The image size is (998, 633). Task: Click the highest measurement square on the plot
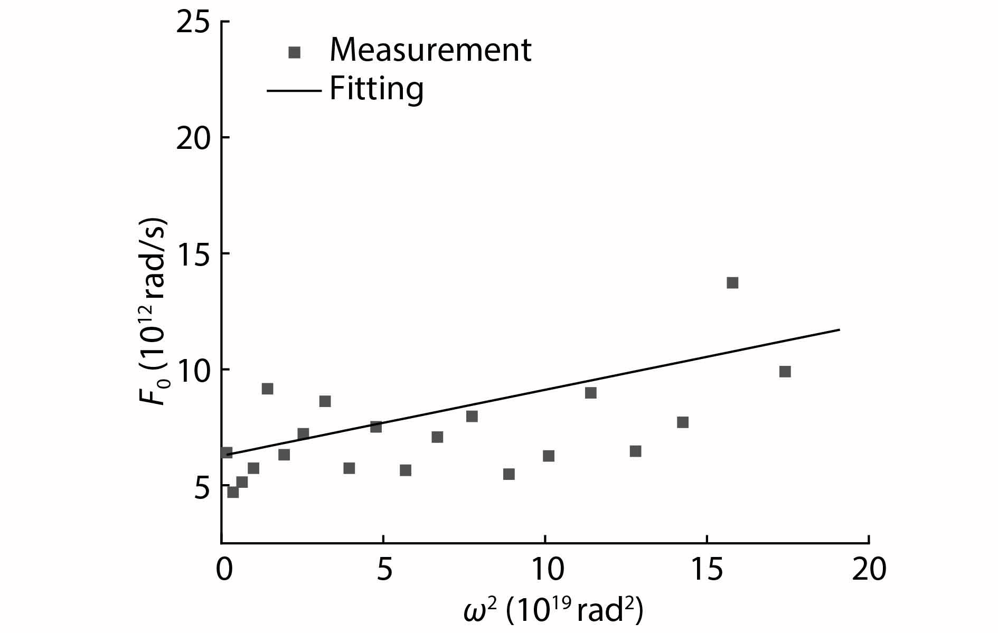[x=732, y=282]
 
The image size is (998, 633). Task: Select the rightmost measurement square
[x=785, y=372]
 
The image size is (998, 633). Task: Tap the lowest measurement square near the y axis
[x=233, y=492]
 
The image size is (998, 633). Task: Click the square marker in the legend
[x=294, y=52]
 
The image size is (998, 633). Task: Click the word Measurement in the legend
[x=430, y=50]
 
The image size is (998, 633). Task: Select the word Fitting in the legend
[x=376, y=89]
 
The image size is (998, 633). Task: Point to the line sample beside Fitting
[x=294, y=90]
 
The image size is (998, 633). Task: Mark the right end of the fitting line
[x=839, y=329]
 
